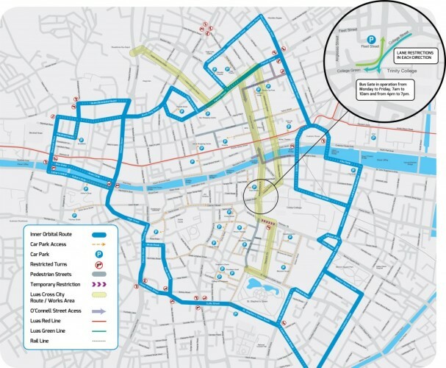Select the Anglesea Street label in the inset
[x=338, y=40]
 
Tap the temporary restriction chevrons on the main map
[x=267, y=221]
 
